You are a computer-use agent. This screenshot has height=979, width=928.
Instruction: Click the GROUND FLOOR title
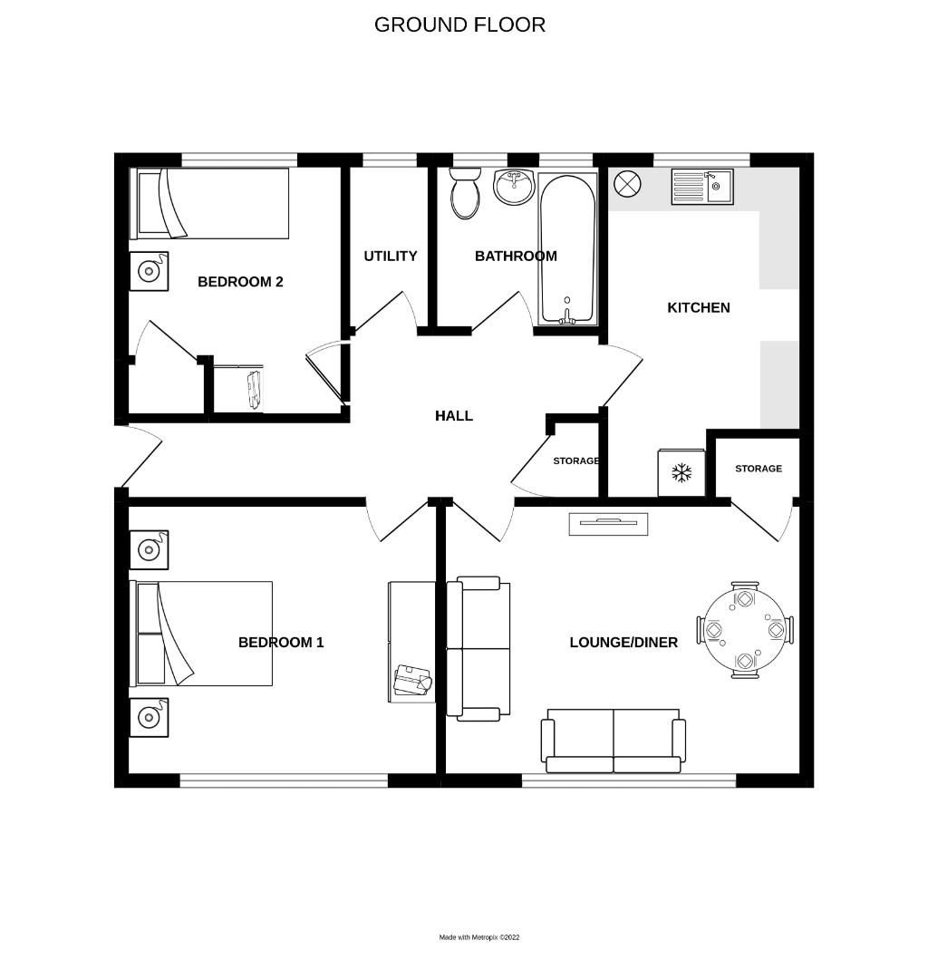459,24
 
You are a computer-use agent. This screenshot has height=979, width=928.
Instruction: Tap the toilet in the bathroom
466,192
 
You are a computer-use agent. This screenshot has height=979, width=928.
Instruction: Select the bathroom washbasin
514,186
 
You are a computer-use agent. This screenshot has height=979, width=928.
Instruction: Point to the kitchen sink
702,188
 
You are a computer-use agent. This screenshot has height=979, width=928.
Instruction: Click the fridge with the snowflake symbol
681,472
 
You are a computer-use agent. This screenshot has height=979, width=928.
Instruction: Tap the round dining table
745,629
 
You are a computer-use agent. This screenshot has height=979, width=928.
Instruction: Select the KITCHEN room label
698,308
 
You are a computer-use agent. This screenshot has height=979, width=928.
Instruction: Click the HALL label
453,416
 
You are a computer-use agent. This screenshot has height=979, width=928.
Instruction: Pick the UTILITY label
391,257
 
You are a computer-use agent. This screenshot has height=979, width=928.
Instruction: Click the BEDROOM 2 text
240,282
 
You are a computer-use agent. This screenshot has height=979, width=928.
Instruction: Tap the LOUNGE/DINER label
623,643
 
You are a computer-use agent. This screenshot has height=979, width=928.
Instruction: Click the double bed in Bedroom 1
204,634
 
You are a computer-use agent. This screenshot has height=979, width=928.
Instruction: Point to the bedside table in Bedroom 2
148,270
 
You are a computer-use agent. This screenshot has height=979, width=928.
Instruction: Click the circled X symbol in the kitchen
626,184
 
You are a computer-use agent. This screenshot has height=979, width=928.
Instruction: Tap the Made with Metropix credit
479,937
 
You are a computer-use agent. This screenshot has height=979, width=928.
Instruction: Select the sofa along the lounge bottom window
613,741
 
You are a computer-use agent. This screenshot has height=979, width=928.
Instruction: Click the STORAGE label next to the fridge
758,469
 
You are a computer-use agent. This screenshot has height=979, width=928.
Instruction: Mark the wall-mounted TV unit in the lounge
608,523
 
